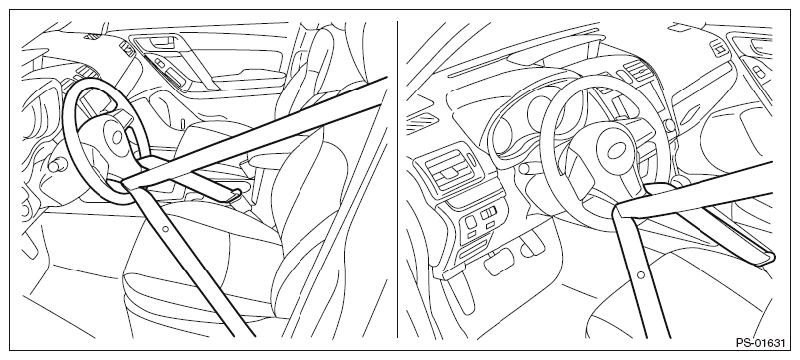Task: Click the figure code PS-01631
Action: point(760,343)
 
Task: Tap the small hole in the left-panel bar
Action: point(166,229)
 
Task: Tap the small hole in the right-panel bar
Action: point(641,275)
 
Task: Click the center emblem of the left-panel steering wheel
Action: point(117,136)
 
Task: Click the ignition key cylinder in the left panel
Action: point(55,165)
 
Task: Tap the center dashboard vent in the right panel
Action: point(637,71)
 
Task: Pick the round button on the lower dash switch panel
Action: point(471,222)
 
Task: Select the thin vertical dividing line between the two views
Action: point(397,179)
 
